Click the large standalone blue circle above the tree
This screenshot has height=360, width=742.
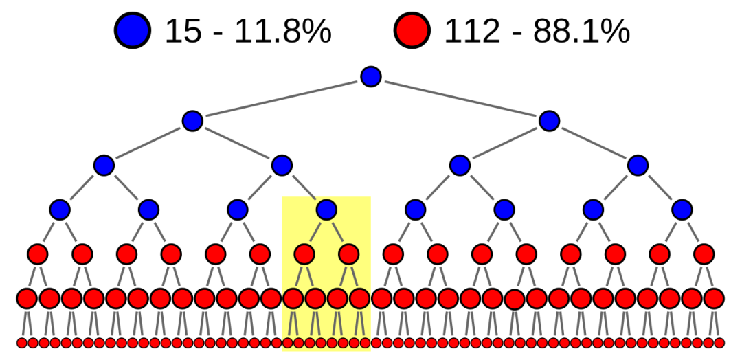point(133,30)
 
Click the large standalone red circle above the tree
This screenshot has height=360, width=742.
point(412,30)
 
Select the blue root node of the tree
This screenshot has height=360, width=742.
point(371,77)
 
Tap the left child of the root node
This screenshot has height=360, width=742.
point(192,121)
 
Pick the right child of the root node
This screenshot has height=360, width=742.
point(549,121)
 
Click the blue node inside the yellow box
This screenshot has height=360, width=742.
point(326,210)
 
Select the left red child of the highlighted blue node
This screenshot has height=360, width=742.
point(304,254)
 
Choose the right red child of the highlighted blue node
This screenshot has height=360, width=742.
point(348,254)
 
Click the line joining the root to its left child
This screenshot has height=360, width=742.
point(282,99)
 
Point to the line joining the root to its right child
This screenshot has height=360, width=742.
point(460,99)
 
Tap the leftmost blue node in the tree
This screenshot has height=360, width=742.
point(60,210)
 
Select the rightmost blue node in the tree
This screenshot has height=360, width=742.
point(682,210)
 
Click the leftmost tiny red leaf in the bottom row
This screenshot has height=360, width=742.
point(22,343)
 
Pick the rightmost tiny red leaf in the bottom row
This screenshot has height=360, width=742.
point(719,343)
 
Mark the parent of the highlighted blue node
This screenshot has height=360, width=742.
point(282,166)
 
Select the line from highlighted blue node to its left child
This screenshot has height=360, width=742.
point(315,232)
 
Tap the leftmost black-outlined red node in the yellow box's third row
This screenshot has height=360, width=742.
point(293,298)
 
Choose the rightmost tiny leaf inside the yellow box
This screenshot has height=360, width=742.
point(365,343)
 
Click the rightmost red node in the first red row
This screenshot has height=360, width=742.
point(704,254)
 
